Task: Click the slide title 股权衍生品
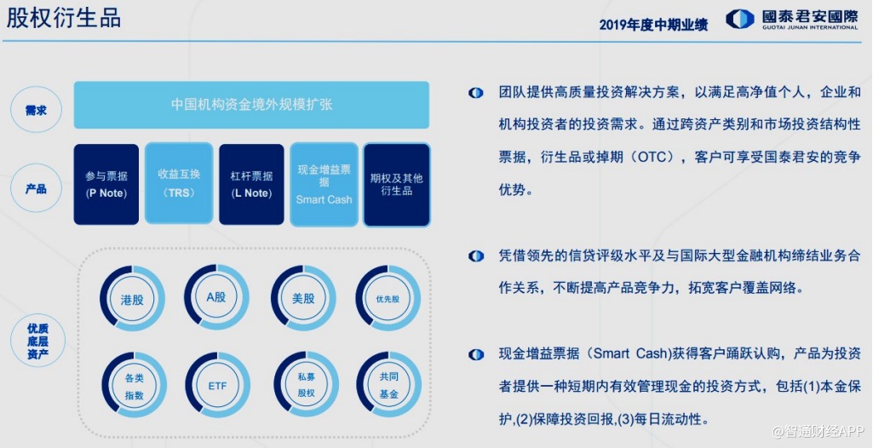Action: click(x=64, y=19)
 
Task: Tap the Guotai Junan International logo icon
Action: click(x=740, y=19)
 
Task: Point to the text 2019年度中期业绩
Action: click(x=653, y=25)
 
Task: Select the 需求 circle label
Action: click(x=36, y=110)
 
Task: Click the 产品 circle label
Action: click(x=36, y=189)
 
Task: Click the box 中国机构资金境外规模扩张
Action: click(x=251, y=105)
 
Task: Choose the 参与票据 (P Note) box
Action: click(x=106, y=184)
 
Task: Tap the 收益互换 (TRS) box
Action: click(x=179, y=184)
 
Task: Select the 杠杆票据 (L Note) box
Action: click(x=251, y=184)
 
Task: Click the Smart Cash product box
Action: click(x=324, y=184)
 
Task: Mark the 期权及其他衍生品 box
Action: click(x=396, y=185)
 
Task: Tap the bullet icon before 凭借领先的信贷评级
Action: click(x=476, y=256)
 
